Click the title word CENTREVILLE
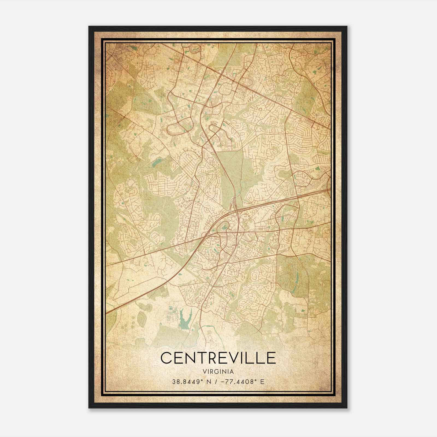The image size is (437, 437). (218, 358)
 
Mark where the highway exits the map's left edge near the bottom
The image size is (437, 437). (107, 312)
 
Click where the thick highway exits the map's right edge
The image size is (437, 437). (330, 189)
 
